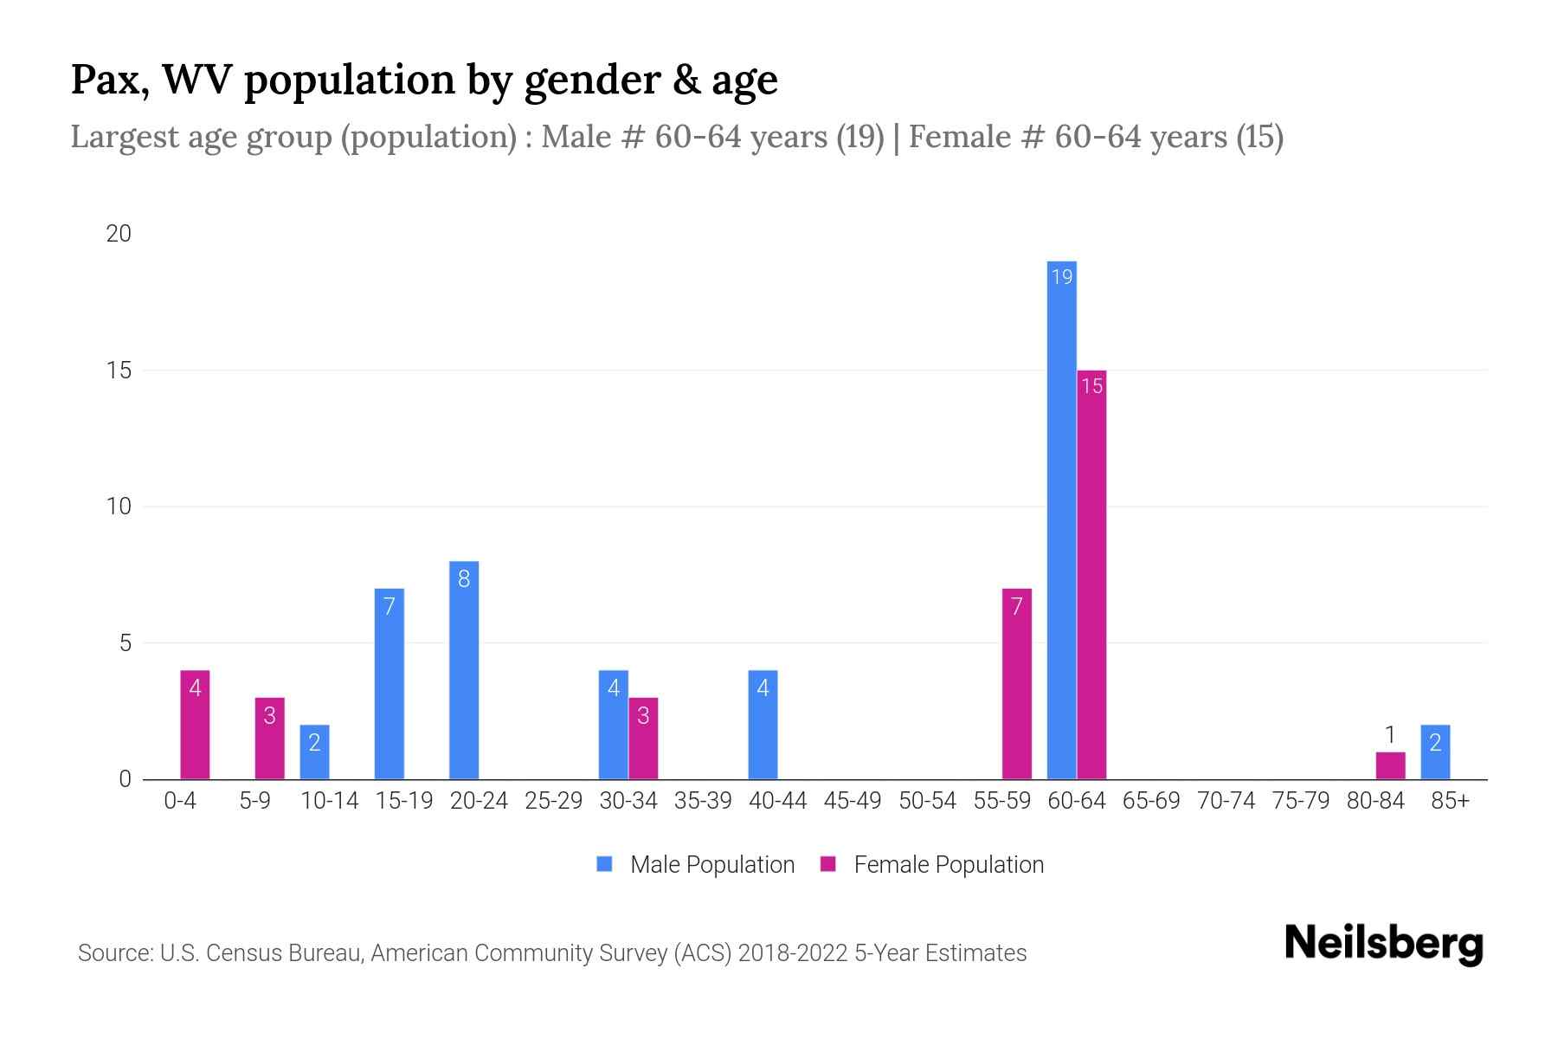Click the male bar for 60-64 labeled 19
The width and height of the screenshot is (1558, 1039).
(x=1061, y=519)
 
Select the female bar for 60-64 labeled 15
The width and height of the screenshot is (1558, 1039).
(x=1091, y=575)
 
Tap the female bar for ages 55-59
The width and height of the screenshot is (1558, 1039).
(x=1016, y=684)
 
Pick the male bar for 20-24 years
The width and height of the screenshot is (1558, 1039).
(x=464, y=670)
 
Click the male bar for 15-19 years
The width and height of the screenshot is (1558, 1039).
(x=389, y=684)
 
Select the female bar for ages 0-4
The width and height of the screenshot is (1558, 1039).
(x=195, y=725)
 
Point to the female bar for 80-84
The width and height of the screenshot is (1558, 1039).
(x=1390, y=765)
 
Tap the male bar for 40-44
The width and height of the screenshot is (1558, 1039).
(x=763, y=725)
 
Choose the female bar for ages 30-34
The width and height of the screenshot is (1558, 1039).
(x=643, y=739)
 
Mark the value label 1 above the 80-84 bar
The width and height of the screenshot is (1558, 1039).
(x=1390, y=735)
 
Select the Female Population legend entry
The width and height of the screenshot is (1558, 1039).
(x=932, y=864)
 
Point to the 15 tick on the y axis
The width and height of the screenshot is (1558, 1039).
(x=119, y=371)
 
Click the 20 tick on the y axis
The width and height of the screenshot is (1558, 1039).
(x=119, y=234)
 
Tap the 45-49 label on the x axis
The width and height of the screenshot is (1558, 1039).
(x=852, y=801)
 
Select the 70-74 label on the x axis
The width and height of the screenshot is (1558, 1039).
(x=1226, y=801)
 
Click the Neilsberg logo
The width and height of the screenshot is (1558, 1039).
(x=1383, y=943)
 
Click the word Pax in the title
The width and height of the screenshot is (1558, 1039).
(x=108, y=80)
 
